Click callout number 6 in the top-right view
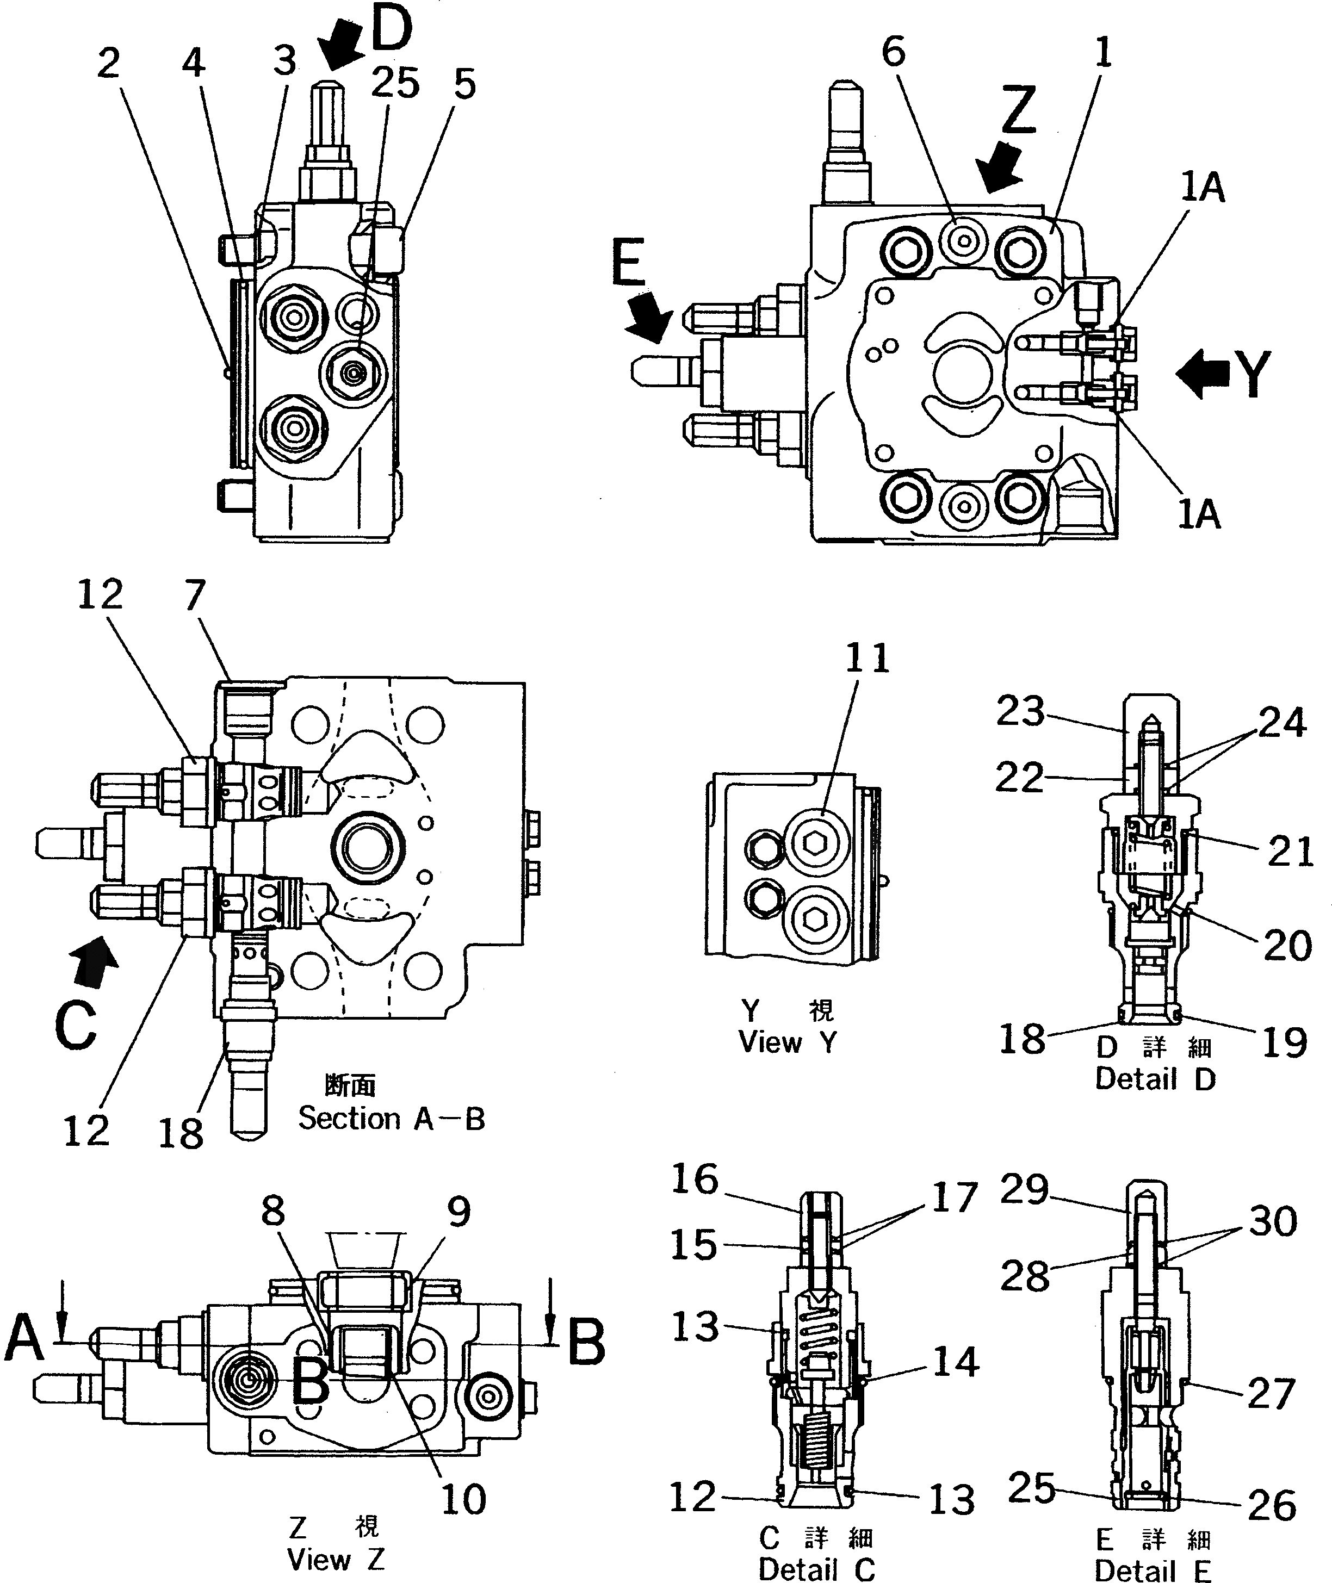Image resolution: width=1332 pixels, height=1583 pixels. pyautogui.click(x=893, y=52)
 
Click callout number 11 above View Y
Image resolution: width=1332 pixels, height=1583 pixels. pyautogui.click(x=867, y=658)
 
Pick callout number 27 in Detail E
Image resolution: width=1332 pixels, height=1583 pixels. pyautogui.click(x=1272, y=1394)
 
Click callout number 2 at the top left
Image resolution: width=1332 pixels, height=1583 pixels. pyautogui.click(x=109, y=64)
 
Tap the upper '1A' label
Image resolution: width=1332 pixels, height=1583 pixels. pyautogui.click(x=1202, y=187)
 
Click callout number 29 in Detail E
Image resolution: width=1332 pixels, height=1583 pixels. pyautogui.click(x=1024, y=1190)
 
